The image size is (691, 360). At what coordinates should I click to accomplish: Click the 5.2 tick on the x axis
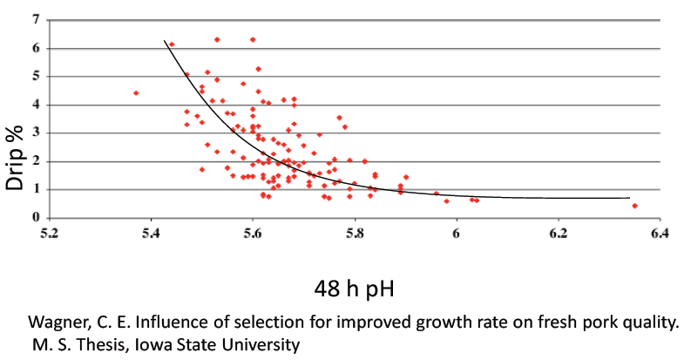coord(50,234)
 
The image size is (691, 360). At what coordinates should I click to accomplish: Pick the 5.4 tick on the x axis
coord(151,234)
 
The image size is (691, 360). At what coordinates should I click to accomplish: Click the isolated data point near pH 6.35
coord(634,206)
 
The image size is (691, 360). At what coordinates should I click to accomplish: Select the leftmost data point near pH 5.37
coord(136,92)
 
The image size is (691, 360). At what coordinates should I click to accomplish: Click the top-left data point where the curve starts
coord(172,44)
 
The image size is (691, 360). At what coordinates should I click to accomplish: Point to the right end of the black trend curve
coord(629,198)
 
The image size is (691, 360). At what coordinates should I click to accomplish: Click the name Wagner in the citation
coord(54,323)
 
